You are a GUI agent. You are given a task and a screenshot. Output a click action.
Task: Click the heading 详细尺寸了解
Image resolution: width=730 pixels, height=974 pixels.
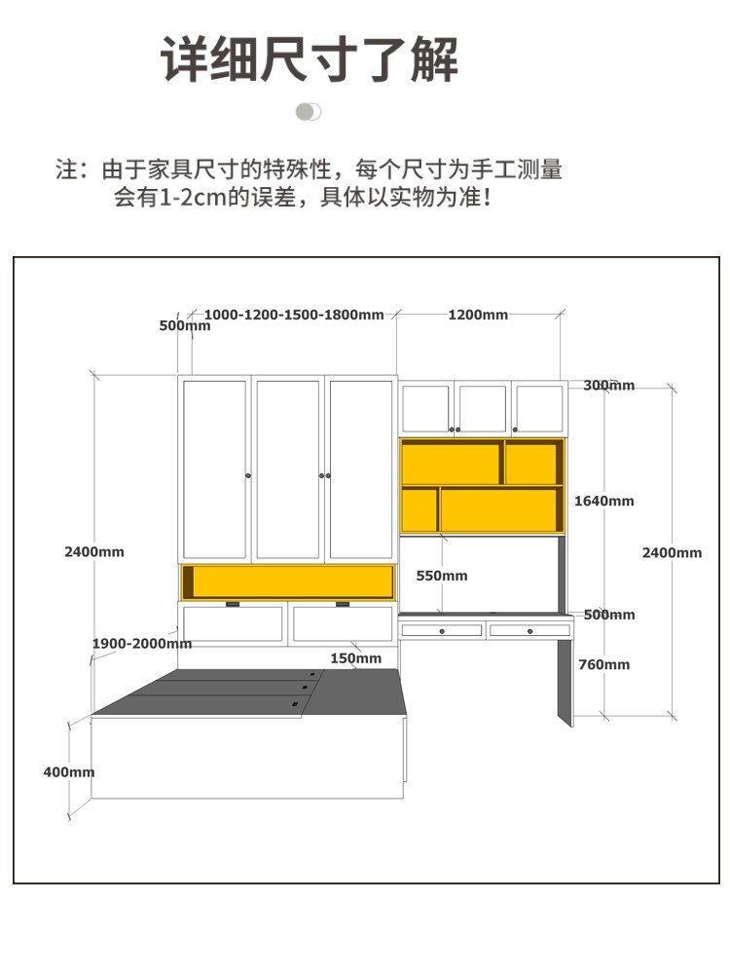[310, 59]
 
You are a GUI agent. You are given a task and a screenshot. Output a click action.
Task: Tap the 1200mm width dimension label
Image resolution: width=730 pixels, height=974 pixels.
[478, 315]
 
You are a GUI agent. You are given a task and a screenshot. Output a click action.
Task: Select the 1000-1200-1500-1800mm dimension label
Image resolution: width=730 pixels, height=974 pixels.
[294, 315]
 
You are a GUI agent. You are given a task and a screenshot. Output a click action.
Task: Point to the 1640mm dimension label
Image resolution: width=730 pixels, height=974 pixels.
[603, 501]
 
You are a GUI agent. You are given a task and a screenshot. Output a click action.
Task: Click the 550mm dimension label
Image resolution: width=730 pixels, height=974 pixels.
[442, 576]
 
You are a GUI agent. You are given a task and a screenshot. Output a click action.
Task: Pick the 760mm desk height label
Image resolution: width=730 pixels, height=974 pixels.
[603, 664]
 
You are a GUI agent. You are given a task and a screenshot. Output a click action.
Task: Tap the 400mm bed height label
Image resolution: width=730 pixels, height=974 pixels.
[69, 772]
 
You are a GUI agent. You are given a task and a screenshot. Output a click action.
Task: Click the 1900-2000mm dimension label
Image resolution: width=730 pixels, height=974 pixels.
[142, 644]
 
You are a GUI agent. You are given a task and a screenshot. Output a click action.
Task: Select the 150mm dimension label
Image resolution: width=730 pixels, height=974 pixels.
[355, 658]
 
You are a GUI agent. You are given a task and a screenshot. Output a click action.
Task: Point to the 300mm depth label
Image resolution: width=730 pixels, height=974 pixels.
[608, 386]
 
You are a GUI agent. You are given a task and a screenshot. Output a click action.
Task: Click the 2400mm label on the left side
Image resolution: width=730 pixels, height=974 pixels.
[94, 551]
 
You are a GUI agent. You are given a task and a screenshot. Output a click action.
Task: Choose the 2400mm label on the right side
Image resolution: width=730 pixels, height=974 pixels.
[672, 552]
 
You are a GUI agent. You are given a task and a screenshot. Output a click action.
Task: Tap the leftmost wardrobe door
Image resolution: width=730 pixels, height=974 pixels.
[215, 469]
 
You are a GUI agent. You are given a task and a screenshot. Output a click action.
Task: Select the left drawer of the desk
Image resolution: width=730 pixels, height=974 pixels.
[442, 631]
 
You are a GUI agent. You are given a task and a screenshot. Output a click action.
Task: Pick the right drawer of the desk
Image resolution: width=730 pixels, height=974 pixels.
[529, 631]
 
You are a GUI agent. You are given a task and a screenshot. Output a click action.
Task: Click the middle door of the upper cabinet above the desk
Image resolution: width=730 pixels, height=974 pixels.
[483, 409]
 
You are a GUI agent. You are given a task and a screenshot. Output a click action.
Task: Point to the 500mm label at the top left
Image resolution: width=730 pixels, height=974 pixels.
[184, 326]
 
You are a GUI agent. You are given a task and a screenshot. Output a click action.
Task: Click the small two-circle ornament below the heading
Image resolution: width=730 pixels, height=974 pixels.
[309, 112]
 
